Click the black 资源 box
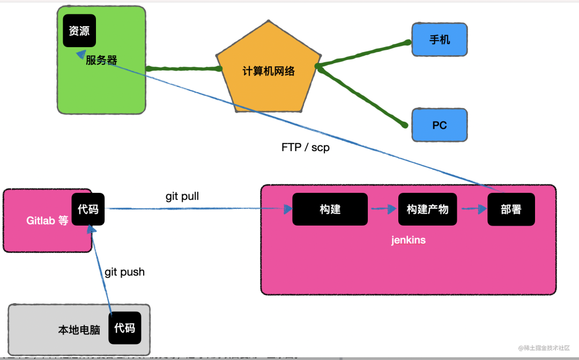79,31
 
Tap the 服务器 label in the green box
101,60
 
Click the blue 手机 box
440,40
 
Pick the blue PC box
440,125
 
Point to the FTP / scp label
306,147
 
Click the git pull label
182,197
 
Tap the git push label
124,272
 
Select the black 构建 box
330,209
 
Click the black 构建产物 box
427,209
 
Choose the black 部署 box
511,209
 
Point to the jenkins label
408,240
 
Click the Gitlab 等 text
48,220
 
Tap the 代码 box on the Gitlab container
88,209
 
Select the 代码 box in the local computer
125,327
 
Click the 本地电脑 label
79,329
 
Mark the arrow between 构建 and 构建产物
383,209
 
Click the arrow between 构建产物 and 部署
472,209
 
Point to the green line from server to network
182,69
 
